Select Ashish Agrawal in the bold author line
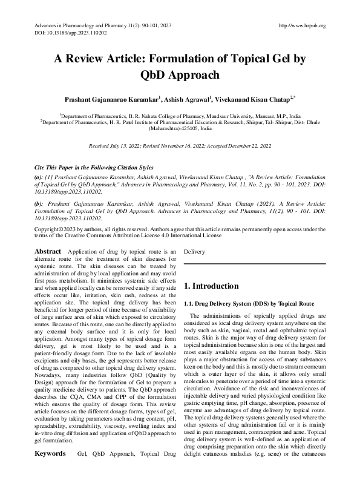(x=186, y=98)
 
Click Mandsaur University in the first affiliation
(x=218, y=115)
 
